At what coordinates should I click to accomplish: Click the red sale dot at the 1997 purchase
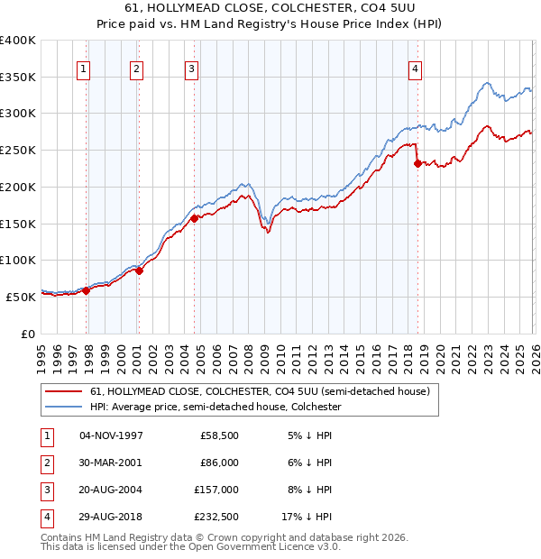click(87, 290)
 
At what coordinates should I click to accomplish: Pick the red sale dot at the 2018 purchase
click(418, 163)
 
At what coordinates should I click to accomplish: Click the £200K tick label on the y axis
click(18, 187)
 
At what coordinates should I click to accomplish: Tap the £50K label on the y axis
click(21, 297)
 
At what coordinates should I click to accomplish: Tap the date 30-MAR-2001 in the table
click(111, 462)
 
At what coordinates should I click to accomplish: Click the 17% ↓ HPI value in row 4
click(306, 517)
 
